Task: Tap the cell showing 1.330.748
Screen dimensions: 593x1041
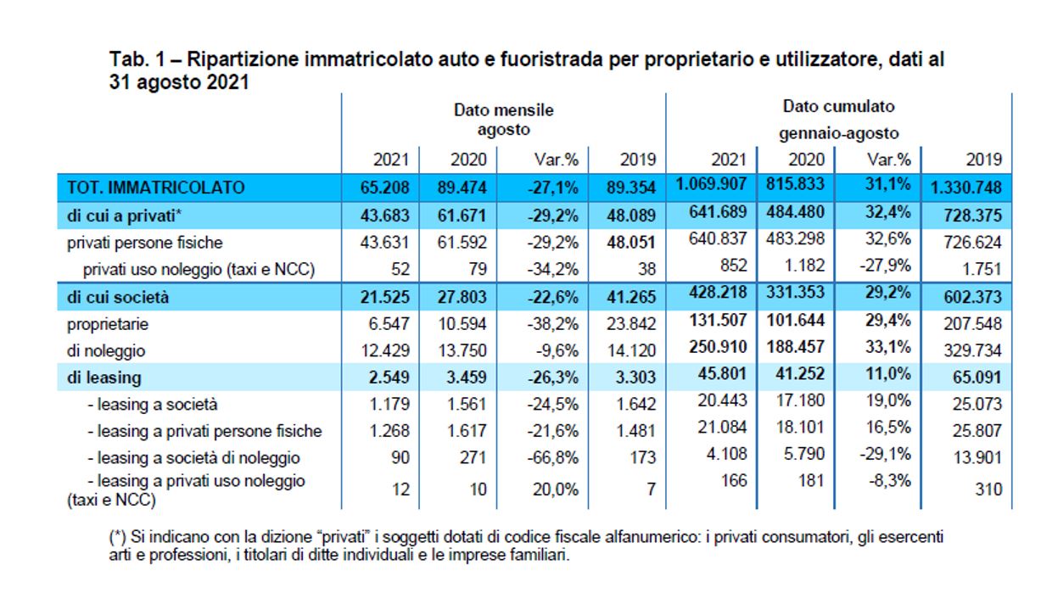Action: (966, 187)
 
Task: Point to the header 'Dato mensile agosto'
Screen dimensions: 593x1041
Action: (503, 120)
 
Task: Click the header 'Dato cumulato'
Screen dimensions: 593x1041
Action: (838, 107)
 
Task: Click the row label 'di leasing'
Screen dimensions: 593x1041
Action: (104, 378)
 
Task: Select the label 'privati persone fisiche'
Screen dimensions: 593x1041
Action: (144, 243)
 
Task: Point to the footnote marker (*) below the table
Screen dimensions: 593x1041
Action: (117, 537)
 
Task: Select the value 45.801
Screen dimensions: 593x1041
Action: (723, 376)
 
